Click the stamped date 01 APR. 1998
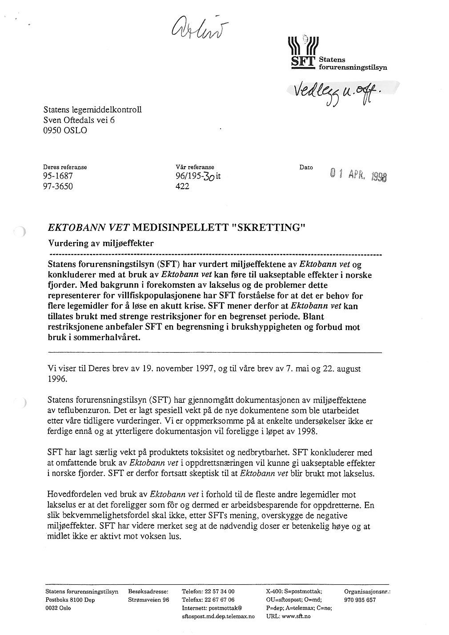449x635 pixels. (x=358, y=174)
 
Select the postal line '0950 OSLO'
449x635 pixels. (x=65, y=131)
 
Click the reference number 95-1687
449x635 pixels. (x=58, y=176)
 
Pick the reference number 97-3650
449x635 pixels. (x=58, y=187)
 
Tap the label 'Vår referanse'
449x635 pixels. (x=195, y=167)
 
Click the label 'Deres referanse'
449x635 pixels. (x=65, y=167)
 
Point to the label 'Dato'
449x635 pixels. (x=306, y=167)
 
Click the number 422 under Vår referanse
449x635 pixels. (x=183, y=187)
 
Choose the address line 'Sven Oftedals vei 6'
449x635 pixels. (x=79, y=120)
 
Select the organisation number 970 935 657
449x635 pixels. (x=360, y=600)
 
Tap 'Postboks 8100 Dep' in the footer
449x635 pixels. (x=70, y=600)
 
